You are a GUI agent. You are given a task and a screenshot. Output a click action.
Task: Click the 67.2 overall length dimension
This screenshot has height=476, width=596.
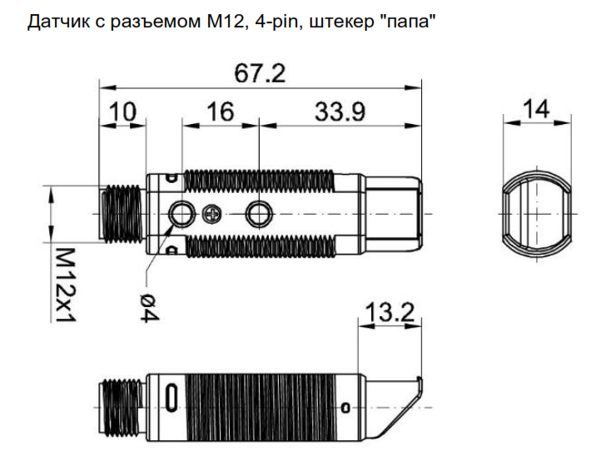(x=260, y=73)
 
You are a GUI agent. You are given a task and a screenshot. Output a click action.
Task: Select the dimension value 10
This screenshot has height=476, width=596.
(x=122, y=112)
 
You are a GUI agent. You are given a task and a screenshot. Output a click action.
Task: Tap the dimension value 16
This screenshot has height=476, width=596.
(x=220, y=112)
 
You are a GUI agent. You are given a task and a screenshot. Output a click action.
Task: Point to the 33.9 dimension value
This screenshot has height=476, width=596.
(x=340, y=112)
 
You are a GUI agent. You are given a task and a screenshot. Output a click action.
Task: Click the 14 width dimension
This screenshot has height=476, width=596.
(x=536, y=109)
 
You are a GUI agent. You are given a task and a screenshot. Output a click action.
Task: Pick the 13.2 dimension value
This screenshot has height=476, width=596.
(x=390, y=313)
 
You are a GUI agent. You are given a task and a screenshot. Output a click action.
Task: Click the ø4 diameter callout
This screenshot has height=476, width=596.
(x=149, y=308)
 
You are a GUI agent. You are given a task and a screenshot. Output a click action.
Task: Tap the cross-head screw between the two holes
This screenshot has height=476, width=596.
(x=211, y=214)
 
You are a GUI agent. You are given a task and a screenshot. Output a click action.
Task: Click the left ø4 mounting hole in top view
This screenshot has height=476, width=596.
(x=182, y=214)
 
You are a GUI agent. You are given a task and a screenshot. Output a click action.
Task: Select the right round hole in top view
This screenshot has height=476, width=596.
(x=259, y=214)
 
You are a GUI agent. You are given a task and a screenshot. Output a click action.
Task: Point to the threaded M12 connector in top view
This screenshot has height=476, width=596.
(x=122, y=214)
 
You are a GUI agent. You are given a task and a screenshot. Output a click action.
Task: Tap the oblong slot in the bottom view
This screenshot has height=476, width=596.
(x=171, y=397)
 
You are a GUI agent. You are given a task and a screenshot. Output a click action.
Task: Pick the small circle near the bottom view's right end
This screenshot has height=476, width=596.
(x=345, y=408)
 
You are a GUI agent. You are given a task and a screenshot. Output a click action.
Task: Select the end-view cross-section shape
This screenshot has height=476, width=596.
(x=536, y=214)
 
